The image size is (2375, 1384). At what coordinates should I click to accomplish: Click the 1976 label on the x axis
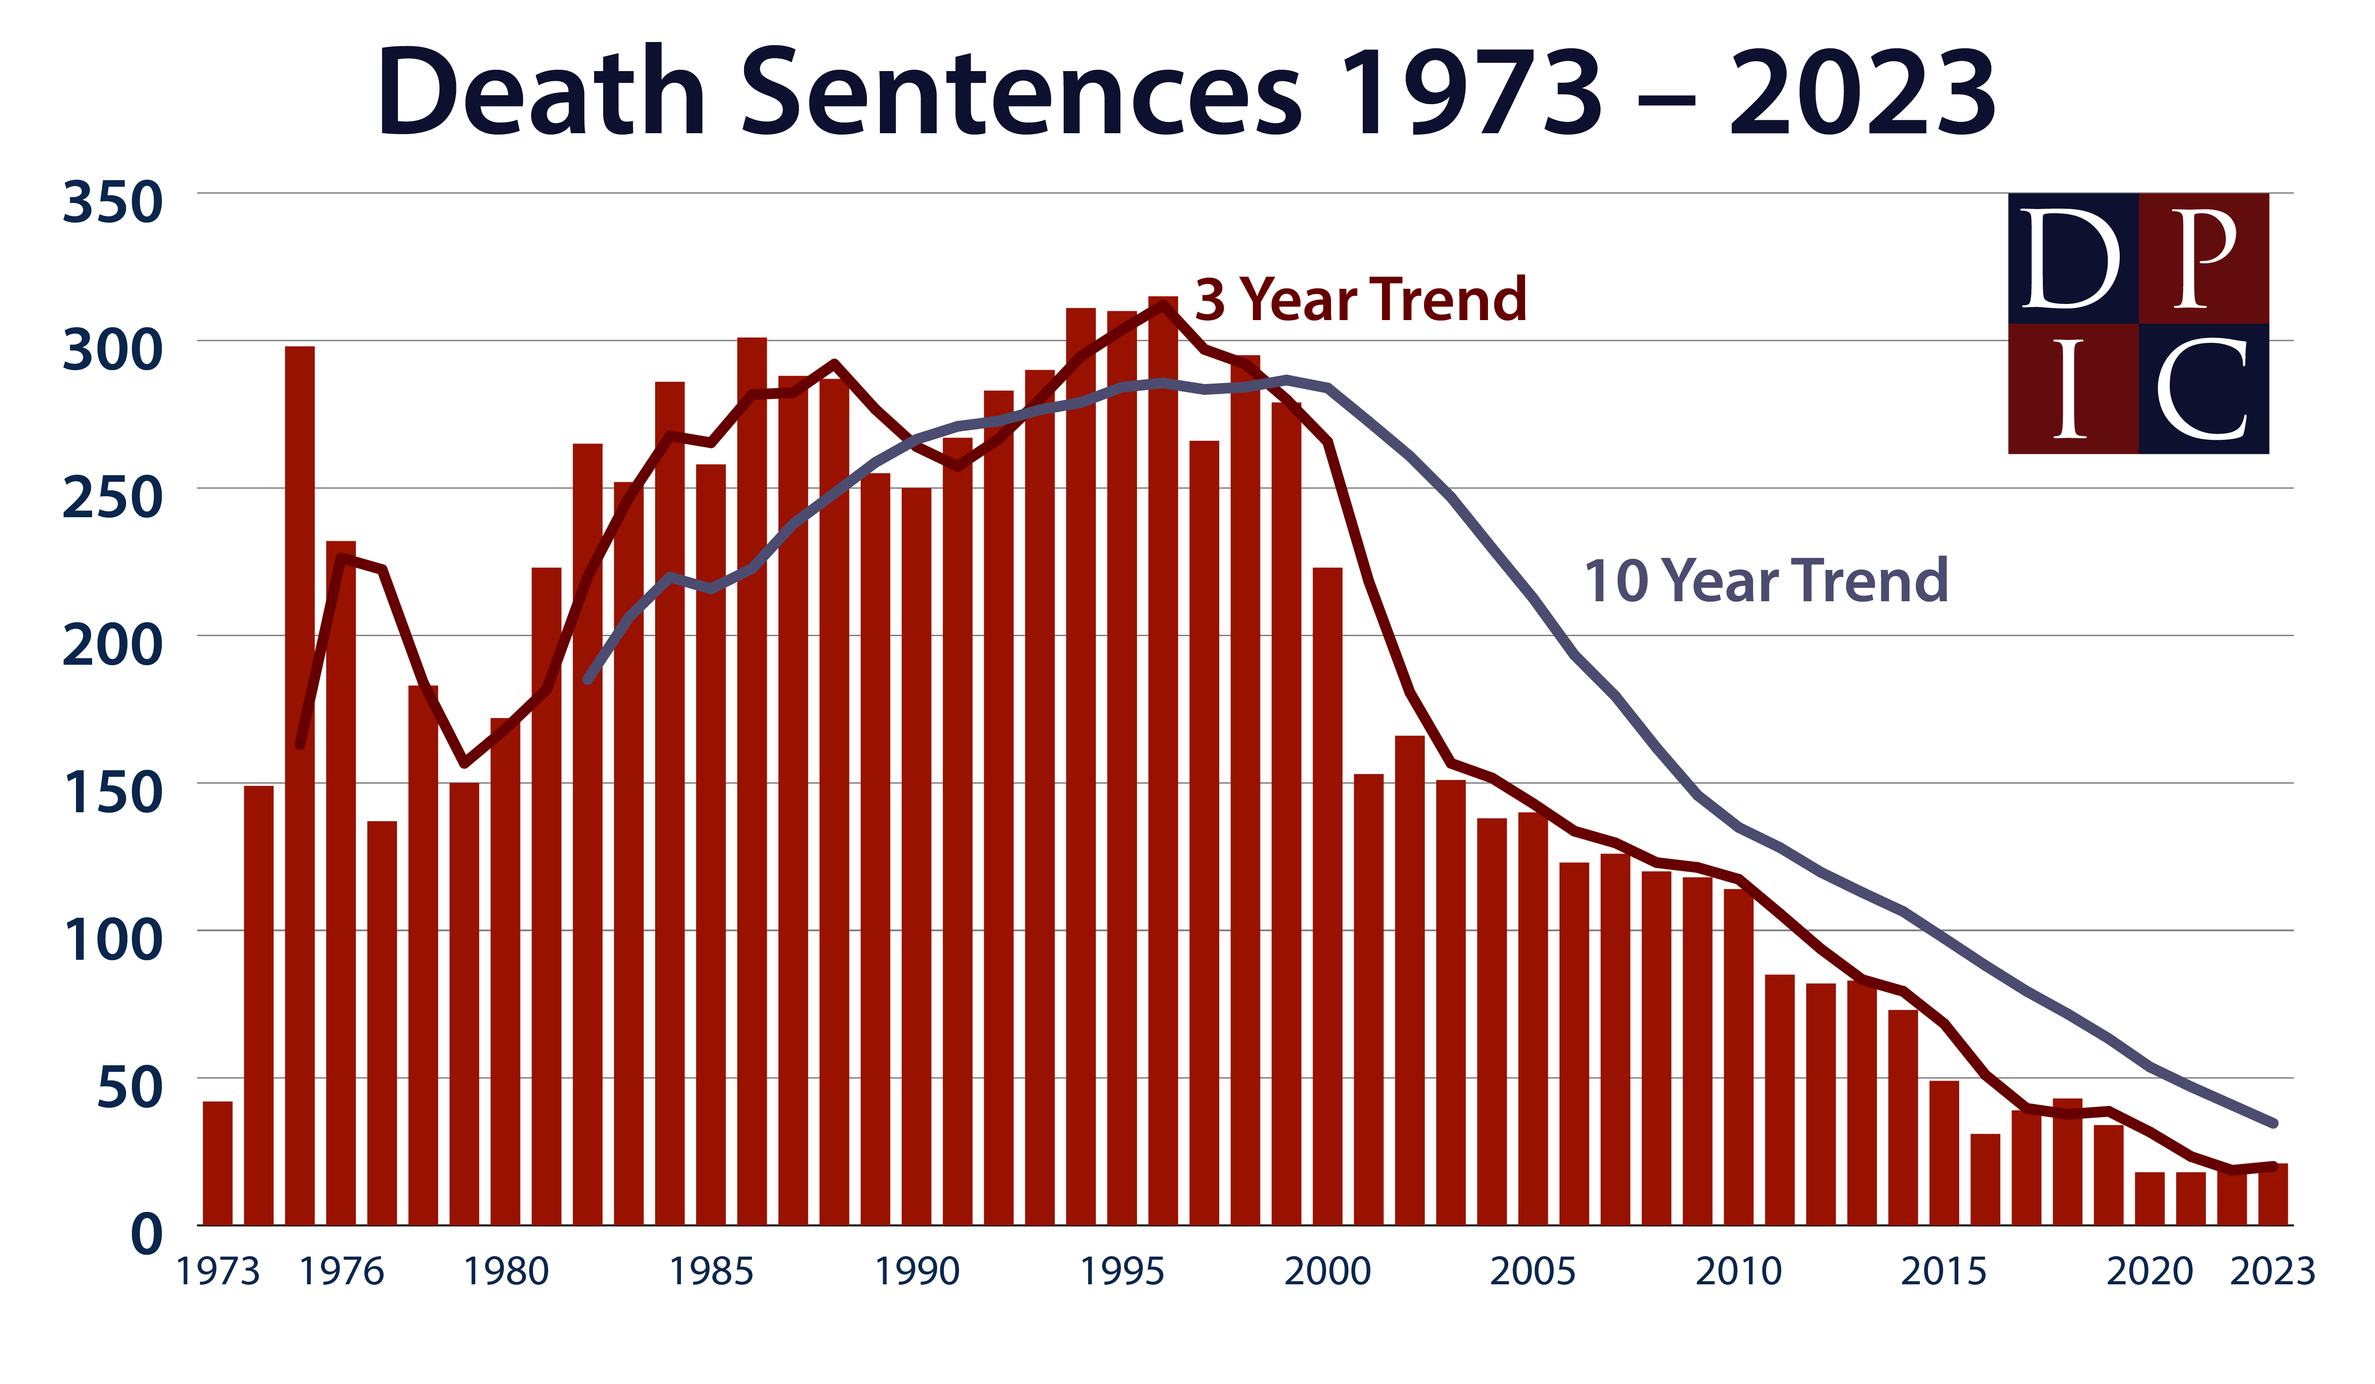coord(341,1272)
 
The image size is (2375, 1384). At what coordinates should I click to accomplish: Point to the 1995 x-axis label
coord(1121,1272)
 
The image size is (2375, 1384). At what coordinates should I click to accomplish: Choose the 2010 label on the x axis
coord(1739,1272)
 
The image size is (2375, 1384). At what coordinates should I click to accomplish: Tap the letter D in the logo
coord(2070,259)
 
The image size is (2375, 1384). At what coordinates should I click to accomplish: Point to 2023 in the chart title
coord(1861,94)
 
